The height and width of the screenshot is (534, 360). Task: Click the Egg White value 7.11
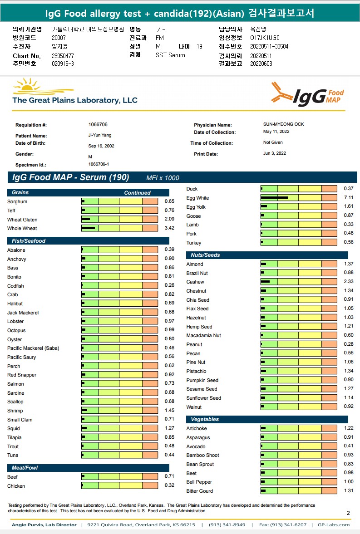[x=348, y=198]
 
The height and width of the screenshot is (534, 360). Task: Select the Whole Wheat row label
[x=22, y=229]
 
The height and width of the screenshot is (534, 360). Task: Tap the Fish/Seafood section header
[x=29, y=241]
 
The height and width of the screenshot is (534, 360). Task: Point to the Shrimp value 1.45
[x=169, y=411]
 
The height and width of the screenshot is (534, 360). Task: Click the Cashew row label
[x=195, y=282]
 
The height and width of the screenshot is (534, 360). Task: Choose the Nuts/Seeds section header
[x=205, y=255]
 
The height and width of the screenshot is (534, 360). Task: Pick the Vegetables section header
[x=205, y=419]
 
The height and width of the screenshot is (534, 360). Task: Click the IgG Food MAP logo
[x=307, y=94]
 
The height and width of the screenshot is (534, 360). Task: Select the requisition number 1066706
[x=98, y=124]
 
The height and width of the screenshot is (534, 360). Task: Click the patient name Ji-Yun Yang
[x=99, y=135]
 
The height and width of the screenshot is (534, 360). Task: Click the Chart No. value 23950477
[x=63, y=56]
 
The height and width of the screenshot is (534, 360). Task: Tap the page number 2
[x=348, y=513]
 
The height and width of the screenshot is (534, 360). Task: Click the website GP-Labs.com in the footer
[x=334, y=525]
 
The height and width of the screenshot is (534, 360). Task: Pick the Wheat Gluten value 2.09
[x=169, y=220]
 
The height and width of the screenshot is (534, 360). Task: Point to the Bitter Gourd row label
[x=199, y=491]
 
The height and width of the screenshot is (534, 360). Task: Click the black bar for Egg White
[x=274, y=198]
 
